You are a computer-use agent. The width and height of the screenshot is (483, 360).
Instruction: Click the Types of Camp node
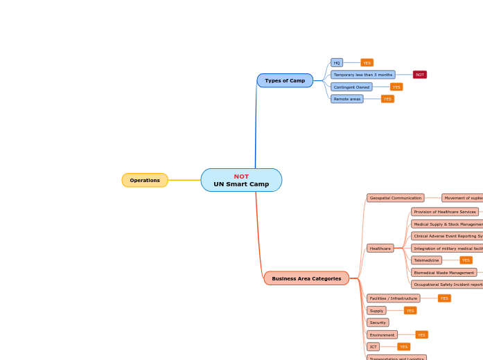tap(285, 80)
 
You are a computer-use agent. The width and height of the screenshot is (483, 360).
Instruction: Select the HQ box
tap(337, 62)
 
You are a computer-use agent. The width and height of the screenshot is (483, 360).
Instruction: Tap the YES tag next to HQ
tap(367, 62)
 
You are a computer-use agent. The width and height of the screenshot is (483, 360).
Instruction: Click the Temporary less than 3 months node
tap(363, 75)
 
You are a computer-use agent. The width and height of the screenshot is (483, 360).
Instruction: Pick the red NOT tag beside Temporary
tap(420, 75)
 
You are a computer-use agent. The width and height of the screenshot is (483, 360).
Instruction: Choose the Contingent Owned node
tap(351, 87)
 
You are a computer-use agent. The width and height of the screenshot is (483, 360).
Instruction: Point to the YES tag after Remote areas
tap(387, 99)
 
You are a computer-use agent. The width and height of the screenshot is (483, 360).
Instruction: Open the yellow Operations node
tap(145, 180)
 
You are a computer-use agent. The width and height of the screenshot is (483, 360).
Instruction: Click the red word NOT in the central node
tap(241, 177)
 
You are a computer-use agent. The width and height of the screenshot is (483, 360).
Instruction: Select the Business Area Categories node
tap(306, 278)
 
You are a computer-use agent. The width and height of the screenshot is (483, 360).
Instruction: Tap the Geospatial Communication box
tap(395, 198)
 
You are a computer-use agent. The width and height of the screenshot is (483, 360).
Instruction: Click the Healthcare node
tap(380, 248)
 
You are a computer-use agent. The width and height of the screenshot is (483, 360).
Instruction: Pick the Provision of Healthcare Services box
tap(445, 212)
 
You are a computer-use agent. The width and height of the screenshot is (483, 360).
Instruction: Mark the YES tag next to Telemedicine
tap(466, 260)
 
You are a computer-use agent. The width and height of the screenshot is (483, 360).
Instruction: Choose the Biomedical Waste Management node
tap(444, 273)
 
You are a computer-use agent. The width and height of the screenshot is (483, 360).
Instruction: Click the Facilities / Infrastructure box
tap(394, 298)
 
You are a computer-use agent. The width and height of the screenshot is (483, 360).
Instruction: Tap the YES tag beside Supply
tap(410, 311)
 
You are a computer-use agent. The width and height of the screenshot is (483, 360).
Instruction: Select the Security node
tap(378, 323)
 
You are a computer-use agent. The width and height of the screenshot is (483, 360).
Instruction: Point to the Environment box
tap(382, 335)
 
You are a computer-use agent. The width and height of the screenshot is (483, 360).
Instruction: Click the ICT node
tap(374, 347)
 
